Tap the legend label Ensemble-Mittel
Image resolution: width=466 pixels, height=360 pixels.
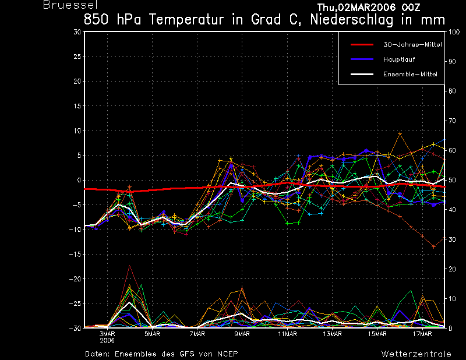[410, 75]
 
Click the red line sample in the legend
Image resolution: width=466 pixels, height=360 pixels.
[361, 44]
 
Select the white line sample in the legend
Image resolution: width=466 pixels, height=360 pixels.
[361, 75]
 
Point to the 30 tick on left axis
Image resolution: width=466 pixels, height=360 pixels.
[77, 32]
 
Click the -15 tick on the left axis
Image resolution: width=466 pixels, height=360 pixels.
[75, 255]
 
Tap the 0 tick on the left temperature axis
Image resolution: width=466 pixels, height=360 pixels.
[79, 181]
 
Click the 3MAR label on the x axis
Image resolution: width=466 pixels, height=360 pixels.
[107, 334]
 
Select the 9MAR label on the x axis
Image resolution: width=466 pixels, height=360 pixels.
[242, 334]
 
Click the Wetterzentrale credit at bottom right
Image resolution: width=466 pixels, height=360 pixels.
[416, 354]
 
